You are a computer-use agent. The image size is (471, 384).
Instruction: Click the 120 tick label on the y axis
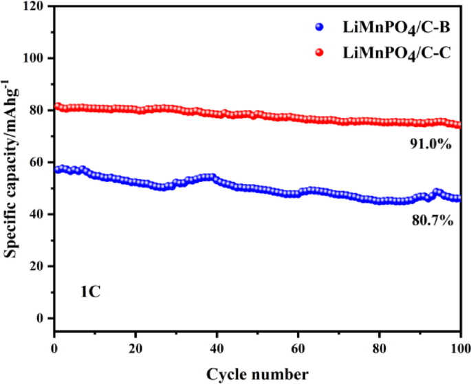(x=36, y=6)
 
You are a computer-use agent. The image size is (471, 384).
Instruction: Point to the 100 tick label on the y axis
(x=36, y=58)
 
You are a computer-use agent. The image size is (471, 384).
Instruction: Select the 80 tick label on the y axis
(x=39, y=110)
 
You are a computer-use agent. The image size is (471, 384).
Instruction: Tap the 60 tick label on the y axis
(x=39, y=162)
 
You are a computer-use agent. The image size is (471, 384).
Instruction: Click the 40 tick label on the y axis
(x=39, y=214)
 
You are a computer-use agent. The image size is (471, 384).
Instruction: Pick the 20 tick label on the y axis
(x=39, y=267)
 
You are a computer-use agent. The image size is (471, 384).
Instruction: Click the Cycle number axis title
(x=257, y=374)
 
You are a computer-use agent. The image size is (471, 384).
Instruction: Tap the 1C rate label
(x=90, y=292)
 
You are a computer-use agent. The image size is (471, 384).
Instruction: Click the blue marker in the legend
(x=320, y=28)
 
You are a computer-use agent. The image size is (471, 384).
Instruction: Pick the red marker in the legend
(x=320, y=52)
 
